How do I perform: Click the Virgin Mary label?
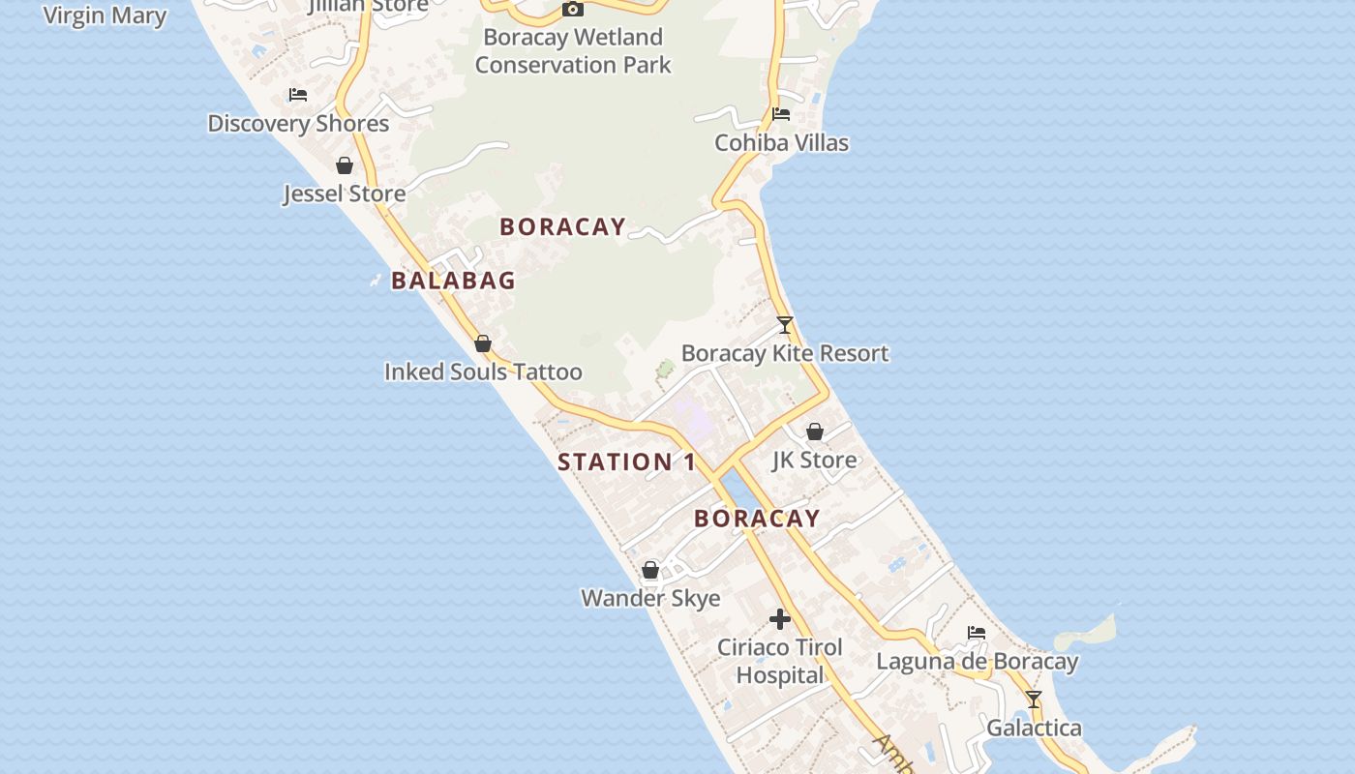(105, 15)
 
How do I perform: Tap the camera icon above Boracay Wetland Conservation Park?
(573, 10)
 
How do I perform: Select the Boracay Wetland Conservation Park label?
(573, 51)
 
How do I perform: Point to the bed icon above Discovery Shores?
(298, 95)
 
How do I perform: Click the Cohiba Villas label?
(781, 143)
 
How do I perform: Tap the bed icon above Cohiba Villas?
(781, 114)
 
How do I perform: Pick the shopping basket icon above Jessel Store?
(344, 165)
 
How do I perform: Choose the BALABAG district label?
(453, 281)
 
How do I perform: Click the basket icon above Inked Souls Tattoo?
(483, 343)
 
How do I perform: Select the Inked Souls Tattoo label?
(483, 372)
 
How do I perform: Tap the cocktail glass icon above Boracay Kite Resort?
(785, 325)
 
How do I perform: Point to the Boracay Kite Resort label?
(785, 353)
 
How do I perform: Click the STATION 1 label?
(626, 462)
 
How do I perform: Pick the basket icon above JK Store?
(815, 432)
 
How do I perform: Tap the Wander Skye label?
(650, 598)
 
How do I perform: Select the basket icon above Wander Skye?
(650, 570)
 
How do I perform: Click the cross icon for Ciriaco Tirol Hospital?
(780, 619)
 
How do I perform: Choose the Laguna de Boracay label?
(977, 662)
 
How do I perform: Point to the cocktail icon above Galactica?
(1034, 700)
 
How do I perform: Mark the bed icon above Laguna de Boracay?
(977, 633)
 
